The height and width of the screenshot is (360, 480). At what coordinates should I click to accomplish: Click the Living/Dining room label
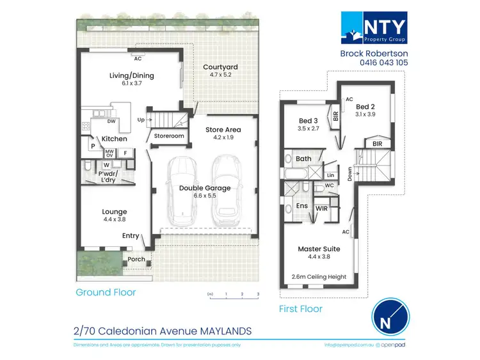point(131,75)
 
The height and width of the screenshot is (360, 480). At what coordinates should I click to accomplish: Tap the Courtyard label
point(220,67)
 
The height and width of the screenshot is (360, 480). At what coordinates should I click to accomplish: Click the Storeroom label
point(169,136)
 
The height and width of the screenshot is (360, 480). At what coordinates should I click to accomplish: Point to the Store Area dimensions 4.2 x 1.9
point(222,137)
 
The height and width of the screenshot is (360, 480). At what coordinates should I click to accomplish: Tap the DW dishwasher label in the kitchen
point(111,121)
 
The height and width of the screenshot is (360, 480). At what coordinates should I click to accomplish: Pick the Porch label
point(136,259)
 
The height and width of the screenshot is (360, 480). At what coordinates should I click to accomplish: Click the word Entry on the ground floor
point(131,236)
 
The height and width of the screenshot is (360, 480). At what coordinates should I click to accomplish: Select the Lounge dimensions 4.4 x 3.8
point(114,220)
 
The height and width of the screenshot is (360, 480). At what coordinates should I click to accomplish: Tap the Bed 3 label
point(308,120)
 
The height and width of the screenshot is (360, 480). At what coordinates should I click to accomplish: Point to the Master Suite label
point(319,249)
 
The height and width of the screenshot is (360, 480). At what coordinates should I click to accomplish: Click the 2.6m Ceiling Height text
point(319,277)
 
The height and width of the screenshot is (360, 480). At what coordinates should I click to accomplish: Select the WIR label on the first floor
point(321,208)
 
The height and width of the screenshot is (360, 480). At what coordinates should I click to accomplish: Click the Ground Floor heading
point(106,293)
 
